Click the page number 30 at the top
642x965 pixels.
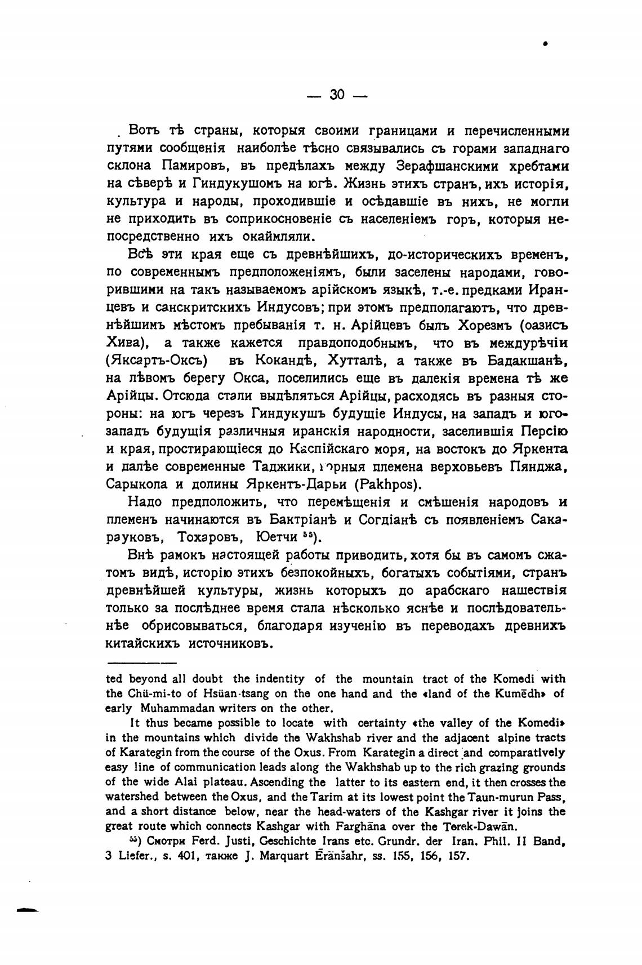coord(337,95)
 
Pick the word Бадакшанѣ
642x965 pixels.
coord(528,361)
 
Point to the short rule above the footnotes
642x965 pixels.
coord(141,663)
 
